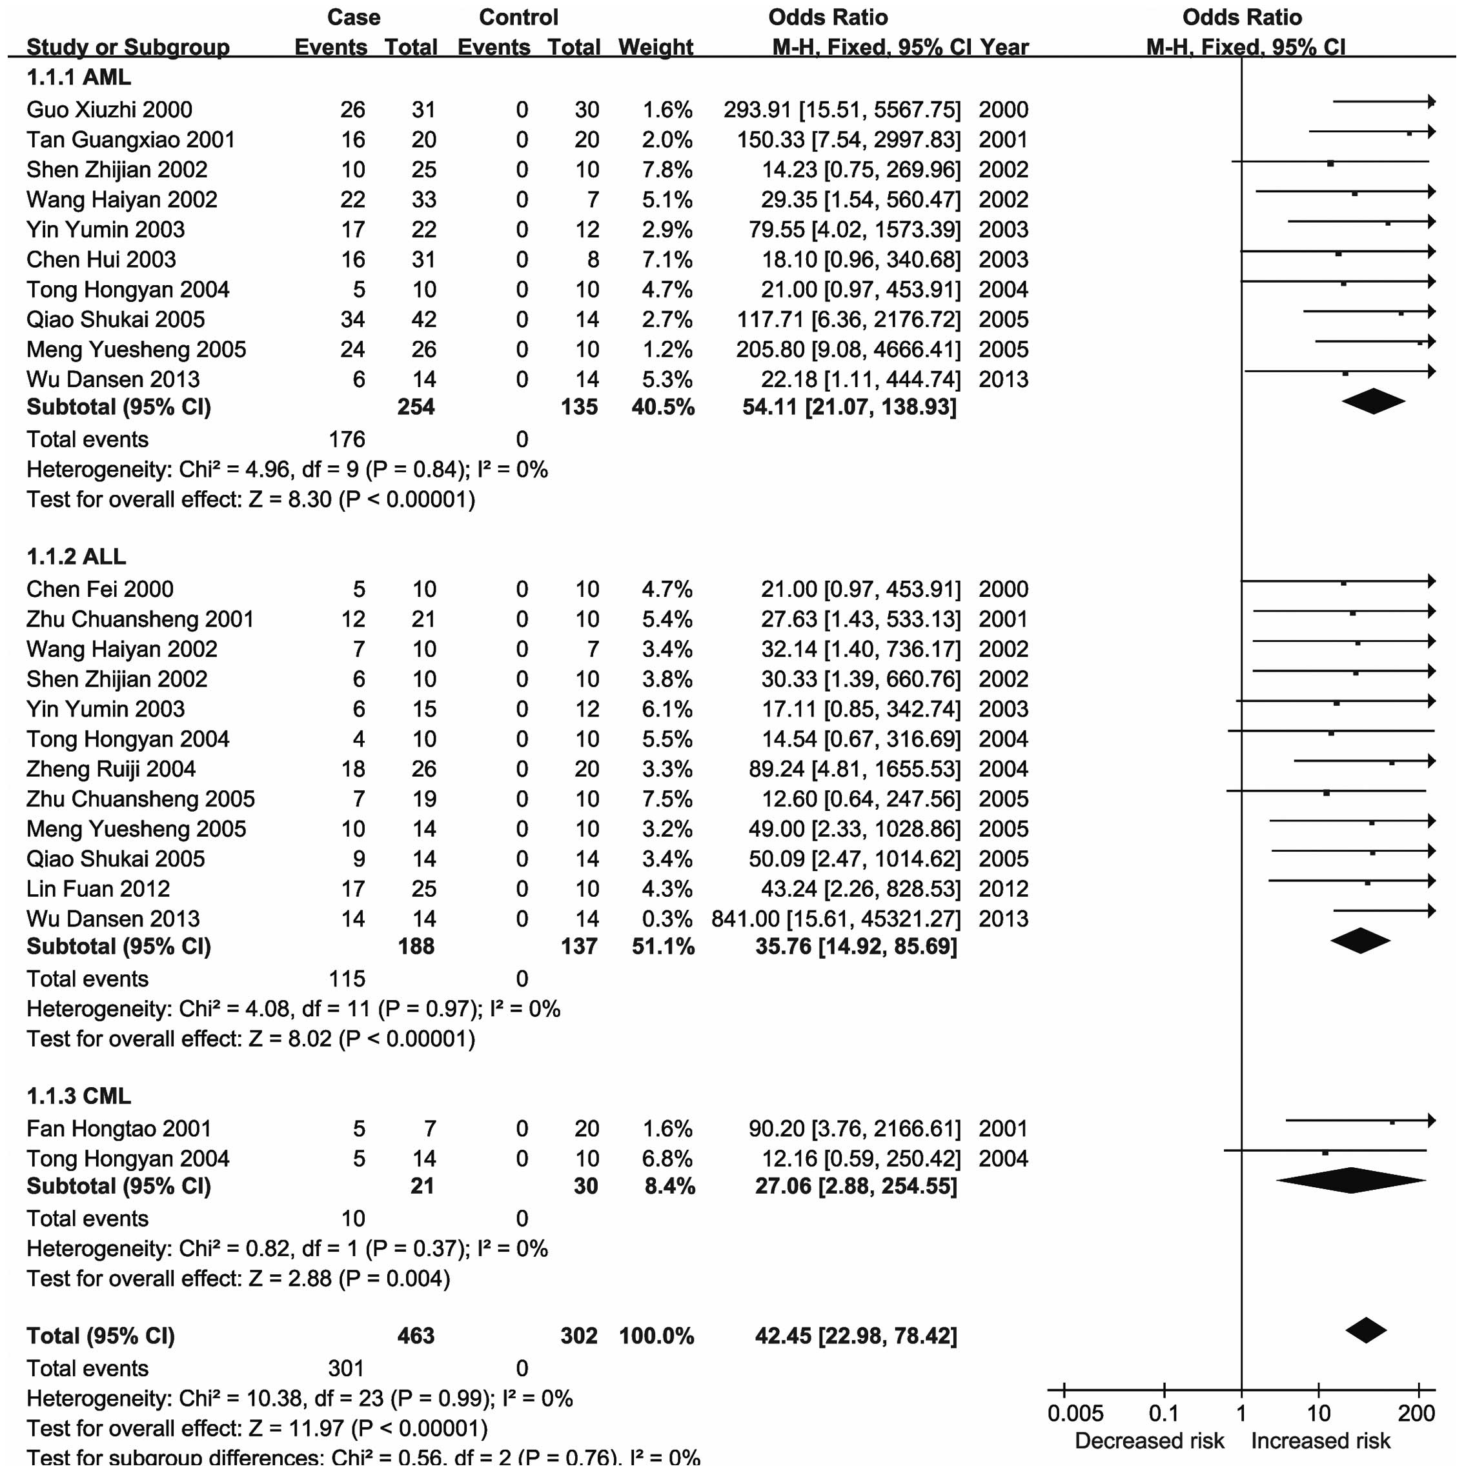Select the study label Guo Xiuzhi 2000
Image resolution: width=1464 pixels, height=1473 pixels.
click(x=109, y=110)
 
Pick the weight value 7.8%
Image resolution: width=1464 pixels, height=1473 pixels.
click(x=667, y=169)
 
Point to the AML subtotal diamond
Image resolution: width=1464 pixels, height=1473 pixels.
click(x=1373, y=401)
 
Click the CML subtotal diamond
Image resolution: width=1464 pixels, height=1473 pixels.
click(x=1350, y=1180)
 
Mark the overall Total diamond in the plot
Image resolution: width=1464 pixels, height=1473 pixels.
click(x=1366, y=1330)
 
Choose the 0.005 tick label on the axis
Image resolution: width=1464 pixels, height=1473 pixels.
click(x=1075, y=1414)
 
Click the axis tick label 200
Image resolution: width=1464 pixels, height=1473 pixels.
click(x=1416, y=1414)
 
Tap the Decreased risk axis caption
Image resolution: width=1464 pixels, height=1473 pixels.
click(x=1149, y=1441)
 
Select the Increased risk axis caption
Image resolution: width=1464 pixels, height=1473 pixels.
click(x=1321, y=1441)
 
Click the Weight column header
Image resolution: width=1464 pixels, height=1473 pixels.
click(x=655, y=47)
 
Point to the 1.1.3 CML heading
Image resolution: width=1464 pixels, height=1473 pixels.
click(x=79, y=1096)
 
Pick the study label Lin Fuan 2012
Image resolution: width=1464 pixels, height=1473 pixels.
click(x=97, y=889)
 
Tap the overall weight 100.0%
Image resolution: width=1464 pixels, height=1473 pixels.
click(x=656, y=1336)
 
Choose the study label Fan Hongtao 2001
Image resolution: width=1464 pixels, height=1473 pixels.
click(x=118, y=1128)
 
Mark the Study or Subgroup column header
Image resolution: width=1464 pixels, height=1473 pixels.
click(x=127, y=47)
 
